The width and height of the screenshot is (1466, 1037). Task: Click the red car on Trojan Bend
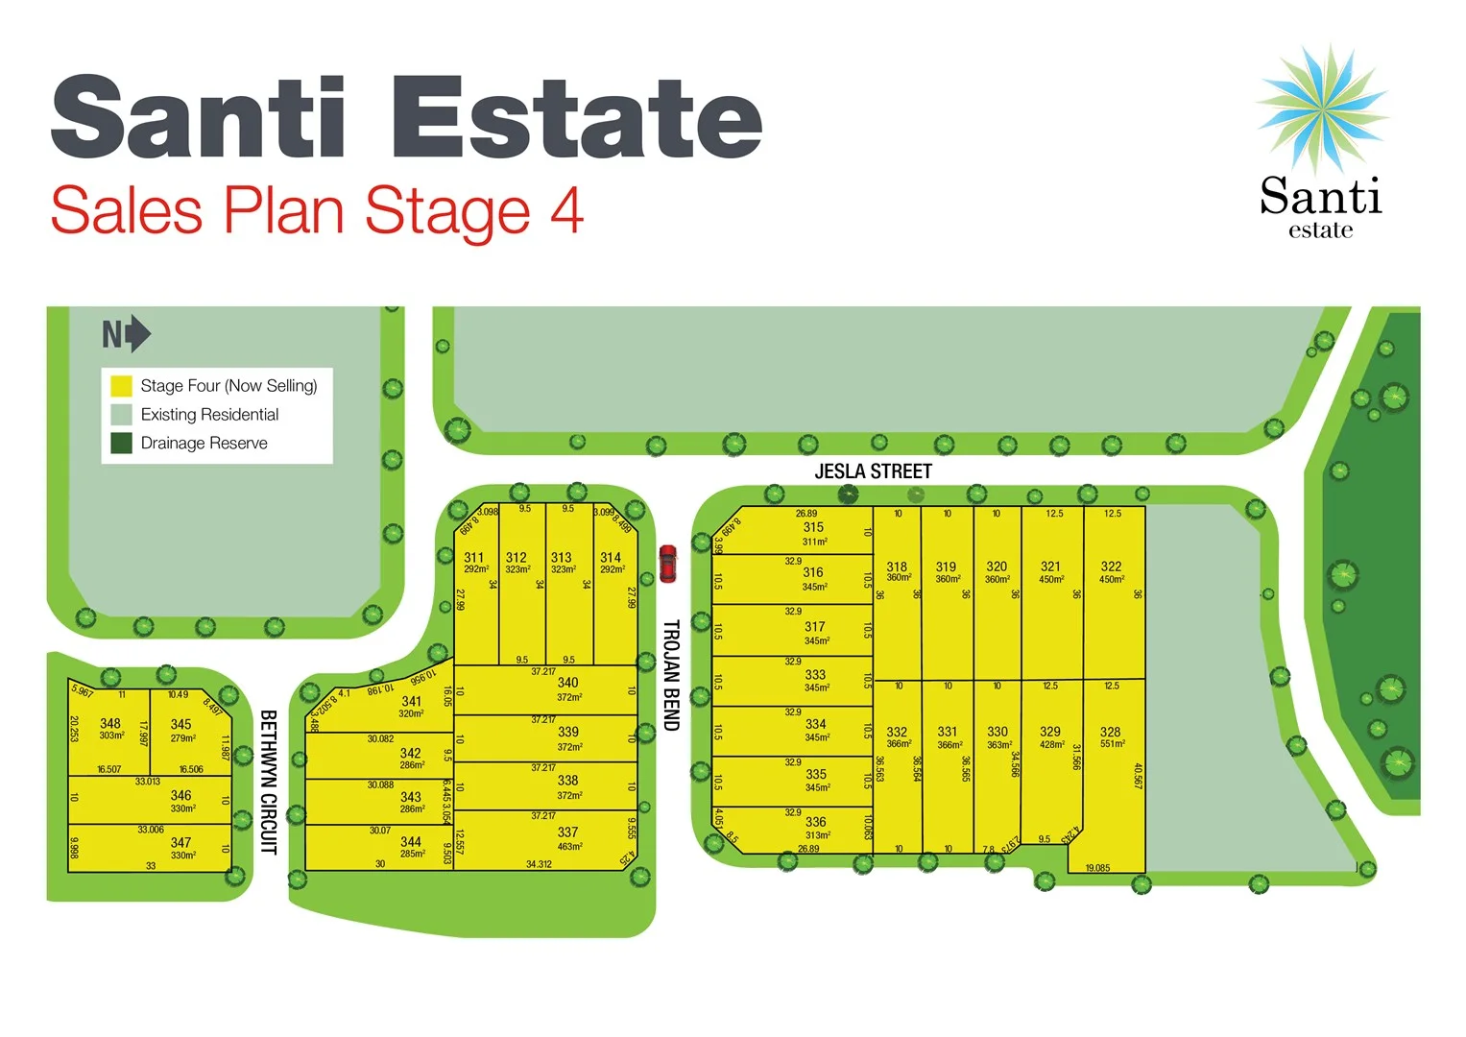667,564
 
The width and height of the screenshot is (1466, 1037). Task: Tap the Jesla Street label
873,471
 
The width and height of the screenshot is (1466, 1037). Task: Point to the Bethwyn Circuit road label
269,782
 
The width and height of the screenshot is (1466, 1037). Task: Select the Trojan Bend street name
671,674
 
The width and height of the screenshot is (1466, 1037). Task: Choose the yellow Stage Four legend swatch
121,386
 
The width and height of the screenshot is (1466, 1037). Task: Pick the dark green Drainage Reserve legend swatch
121,443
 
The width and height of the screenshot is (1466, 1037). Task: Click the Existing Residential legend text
209,415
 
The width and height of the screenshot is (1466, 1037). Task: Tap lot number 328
1110,732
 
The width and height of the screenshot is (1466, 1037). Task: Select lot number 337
567,832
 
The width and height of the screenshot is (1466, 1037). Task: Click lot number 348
110,723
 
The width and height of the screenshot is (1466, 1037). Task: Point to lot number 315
813,527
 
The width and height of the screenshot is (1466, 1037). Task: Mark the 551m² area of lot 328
1112,744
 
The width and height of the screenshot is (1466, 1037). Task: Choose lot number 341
411,702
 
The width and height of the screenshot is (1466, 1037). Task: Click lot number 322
1111,567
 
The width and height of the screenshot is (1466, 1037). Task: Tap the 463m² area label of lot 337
569,846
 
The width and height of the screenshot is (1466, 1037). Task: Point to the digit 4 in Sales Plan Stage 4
566,210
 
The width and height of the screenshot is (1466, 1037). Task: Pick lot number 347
180,842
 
